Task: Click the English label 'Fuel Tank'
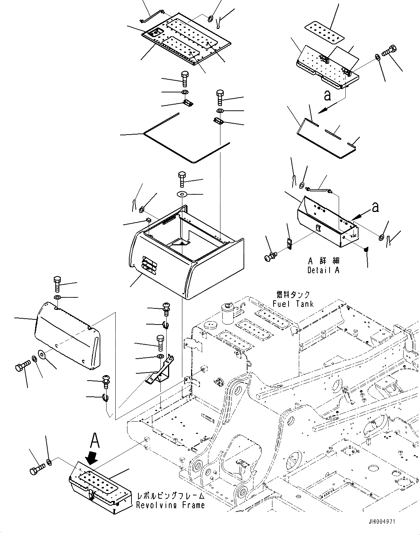(293, 304)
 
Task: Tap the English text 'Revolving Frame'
(170, 505)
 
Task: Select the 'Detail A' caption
(323, 270)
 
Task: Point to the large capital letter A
(95, 440)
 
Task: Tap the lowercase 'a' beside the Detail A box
(375, 208)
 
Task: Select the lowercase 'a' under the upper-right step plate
(327, 95)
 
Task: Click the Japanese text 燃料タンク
(293, 295)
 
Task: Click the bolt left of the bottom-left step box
(37, 468)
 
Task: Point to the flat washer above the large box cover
(182, 193)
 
